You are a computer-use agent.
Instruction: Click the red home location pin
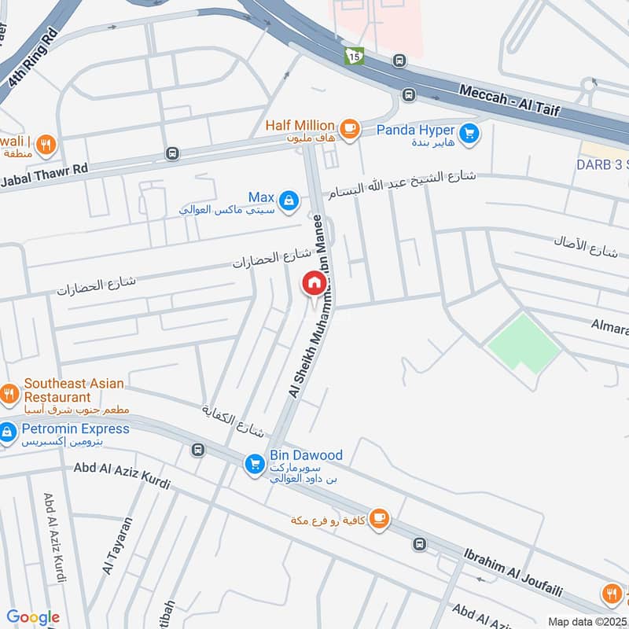(313, 284)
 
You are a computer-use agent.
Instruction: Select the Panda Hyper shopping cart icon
(469, 134)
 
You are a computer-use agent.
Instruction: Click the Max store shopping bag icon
(289, 200)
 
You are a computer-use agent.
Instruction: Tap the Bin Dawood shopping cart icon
(254, 465)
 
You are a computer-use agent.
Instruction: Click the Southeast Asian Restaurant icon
(9, 393)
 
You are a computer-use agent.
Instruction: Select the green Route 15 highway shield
(354, 57)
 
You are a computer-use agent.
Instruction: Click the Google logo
(33, 617)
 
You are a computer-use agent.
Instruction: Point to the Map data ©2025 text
(587, 620)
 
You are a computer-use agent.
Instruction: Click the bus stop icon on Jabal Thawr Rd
(171, 153)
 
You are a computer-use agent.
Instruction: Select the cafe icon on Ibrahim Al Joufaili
(379, 518)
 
